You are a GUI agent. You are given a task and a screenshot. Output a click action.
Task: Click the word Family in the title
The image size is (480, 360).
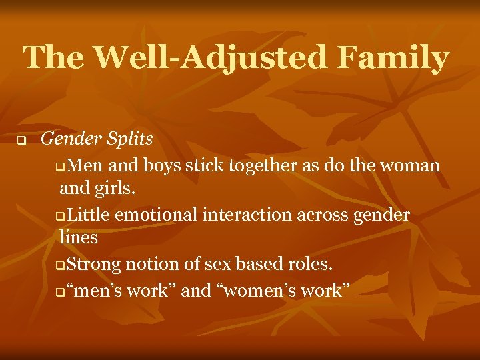[393, 59]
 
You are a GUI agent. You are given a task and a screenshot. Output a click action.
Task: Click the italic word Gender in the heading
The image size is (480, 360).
[67, 139]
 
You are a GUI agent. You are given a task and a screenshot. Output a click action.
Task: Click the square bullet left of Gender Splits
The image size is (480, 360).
[21, 141]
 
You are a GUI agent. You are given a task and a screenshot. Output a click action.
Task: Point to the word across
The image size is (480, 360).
[321, 215]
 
